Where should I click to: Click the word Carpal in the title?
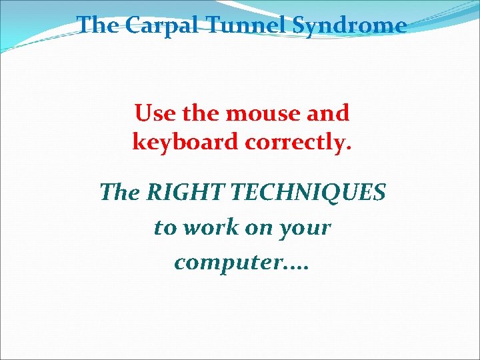[x=153, y=26]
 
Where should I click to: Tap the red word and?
[x=327, y=113]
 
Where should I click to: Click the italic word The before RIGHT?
[x=119, y=193]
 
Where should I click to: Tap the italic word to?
[x=164, y=228]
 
